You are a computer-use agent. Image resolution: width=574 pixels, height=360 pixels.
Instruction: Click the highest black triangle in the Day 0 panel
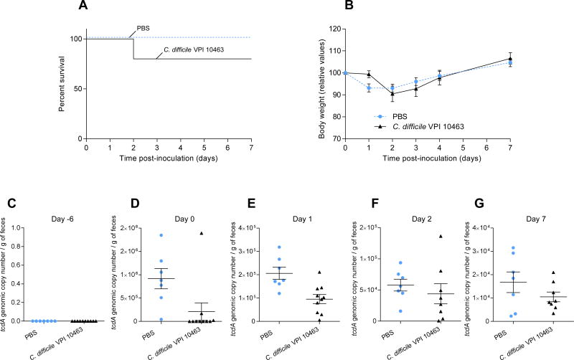pyautogui.click(x=182, y=233)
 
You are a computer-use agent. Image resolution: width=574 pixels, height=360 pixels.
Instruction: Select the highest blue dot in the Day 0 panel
pyautogui.click(x=141, y=235)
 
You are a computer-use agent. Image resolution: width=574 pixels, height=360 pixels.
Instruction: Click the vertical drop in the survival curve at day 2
pyautogui.click(x=133, y=49)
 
